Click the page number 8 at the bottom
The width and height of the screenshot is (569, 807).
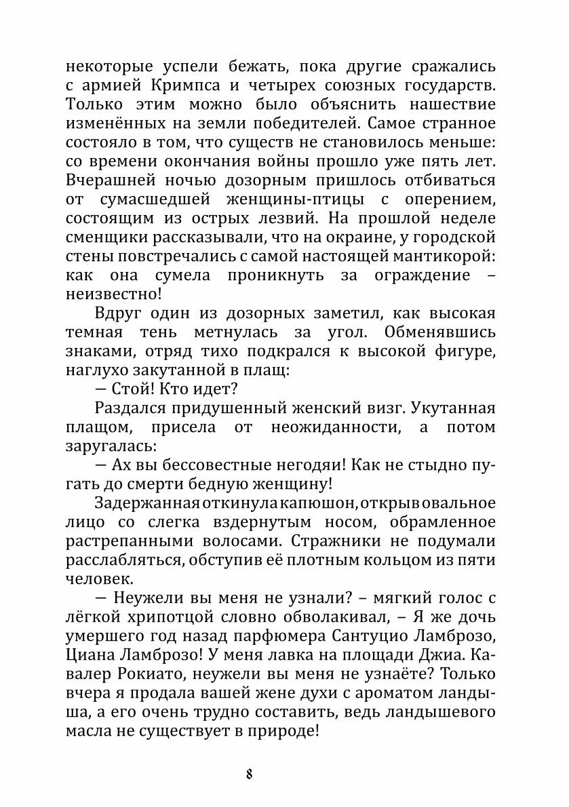pyautogui.click(x=250, y=774)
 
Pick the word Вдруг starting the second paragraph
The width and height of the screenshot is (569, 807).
pyautogui.click(x=121, y=314)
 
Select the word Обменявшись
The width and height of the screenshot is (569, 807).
pyautogui.click(x=440, y=333)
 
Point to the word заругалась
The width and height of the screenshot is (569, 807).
pyautogui.click(x=111, y=447)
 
